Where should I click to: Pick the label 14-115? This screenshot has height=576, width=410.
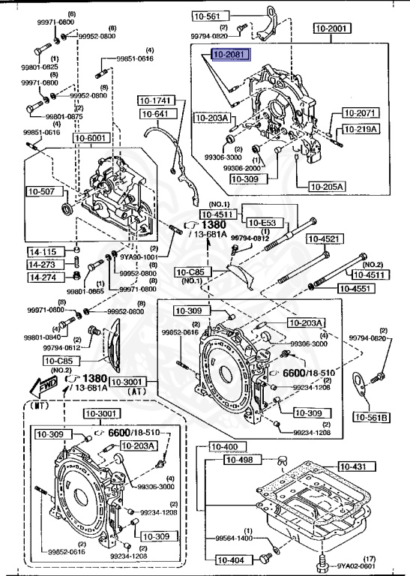coord(43,252)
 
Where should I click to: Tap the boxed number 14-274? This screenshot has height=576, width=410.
coord(43,277)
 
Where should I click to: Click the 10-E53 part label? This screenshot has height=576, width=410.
coord(264,223)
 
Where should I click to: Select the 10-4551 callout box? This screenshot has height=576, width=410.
coord(355,287)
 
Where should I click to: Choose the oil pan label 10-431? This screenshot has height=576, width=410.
coord(353,466)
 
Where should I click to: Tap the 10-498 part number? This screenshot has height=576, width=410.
coord(253,460)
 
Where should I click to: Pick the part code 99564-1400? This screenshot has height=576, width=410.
coord(234,538)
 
